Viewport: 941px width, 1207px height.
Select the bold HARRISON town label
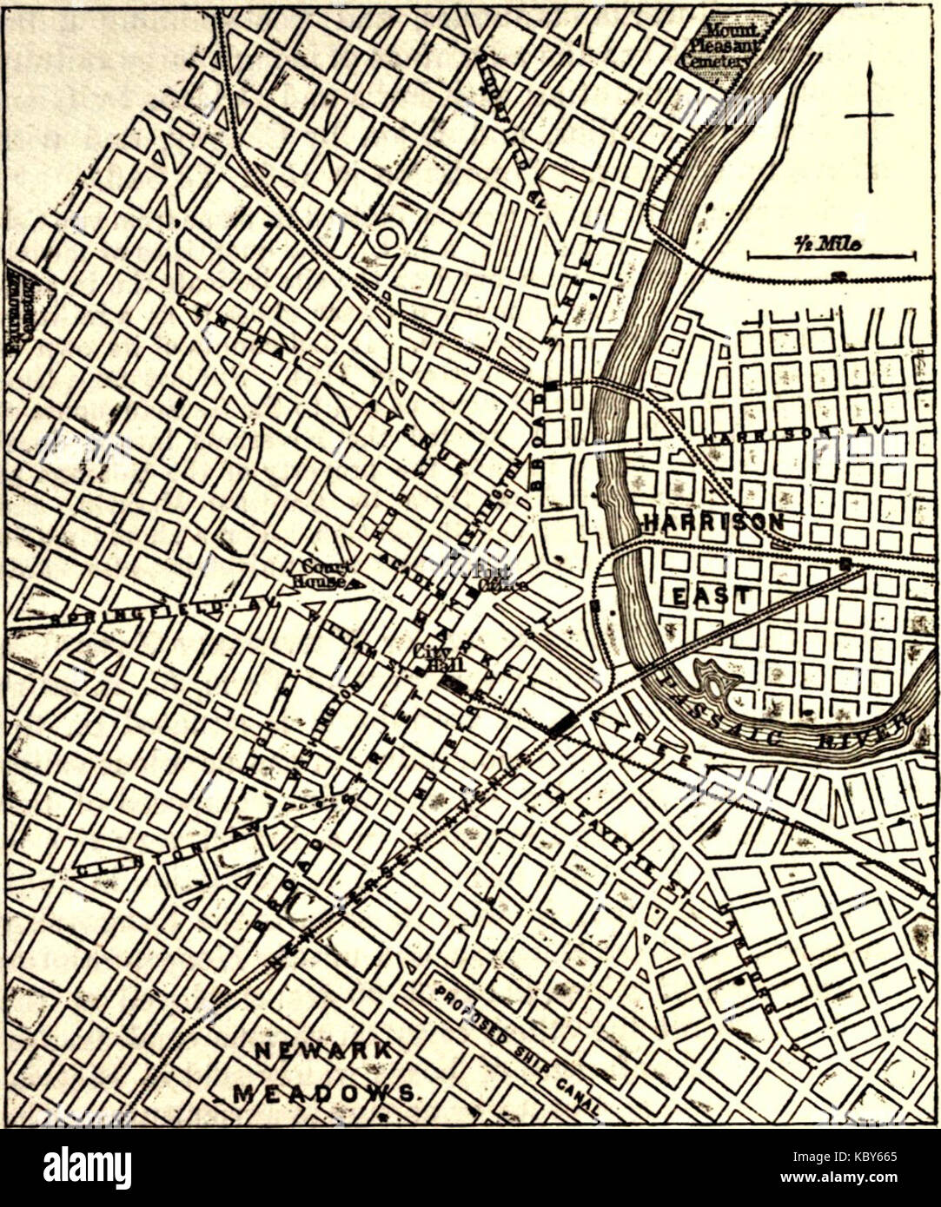pos(713,521)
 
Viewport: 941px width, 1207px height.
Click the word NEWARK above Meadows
pos(323,1050)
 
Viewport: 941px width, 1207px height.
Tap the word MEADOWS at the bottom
pos(323,1093)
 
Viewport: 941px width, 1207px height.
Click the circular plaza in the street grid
pos(386,239)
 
